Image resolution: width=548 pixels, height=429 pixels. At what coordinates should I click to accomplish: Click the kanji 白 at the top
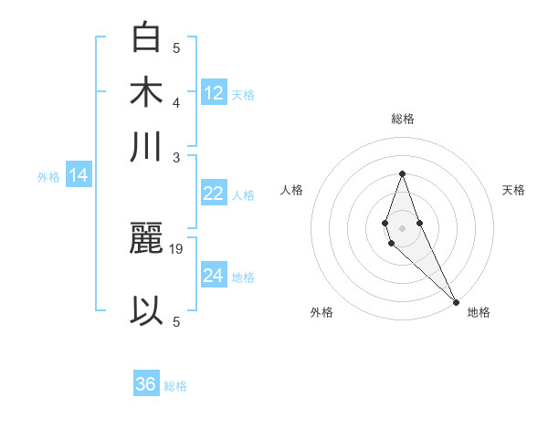point(147,38)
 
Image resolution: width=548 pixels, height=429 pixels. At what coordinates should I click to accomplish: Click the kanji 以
point(147,310)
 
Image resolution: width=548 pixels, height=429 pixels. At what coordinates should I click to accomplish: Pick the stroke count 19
point(177,248)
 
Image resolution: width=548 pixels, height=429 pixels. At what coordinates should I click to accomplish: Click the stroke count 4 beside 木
point(176,102)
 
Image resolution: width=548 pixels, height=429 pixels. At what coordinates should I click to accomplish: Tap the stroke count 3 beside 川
point(176,157)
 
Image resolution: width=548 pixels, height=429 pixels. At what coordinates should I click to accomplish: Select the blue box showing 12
point(214,92)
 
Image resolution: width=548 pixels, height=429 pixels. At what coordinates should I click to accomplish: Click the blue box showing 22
point(214,194)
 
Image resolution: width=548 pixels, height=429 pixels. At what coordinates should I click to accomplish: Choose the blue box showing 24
point(214,276)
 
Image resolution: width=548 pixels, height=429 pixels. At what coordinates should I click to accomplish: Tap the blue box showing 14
point(79,175)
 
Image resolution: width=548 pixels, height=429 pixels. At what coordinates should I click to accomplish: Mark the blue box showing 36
point(146,384)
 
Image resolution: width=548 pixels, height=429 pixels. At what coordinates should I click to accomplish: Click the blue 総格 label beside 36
point(175,386)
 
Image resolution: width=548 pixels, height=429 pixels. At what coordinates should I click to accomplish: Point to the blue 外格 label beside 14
point(48,177)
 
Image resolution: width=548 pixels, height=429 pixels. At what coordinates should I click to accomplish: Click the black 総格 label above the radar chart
point(402,119)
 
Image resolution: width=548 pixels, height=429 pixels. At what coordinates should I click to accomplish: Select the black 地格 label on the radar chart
point(479,312)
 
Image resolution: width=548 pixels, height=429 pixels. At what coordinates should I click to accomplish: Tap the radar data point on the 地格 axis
point(456,302)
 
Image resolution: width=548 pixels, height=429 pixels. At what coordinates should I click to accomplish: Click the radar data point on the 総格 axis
point(402,173)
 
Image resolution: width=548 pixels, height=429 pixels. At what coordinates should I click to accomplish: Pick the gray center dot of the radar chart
point(402,226)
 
